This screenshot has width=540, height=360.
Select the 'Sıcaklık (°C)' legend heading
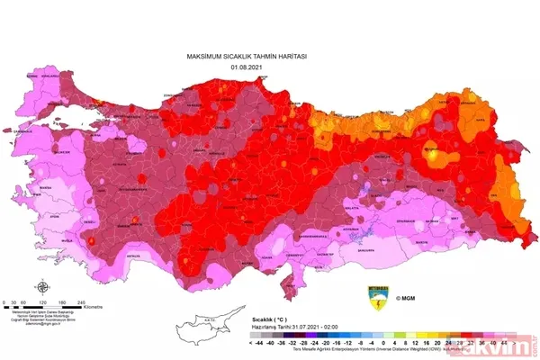pyautogui.click(x=271, y=319)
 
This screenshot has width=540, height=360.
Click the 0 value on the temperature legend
pyautogui.click(x=383, y=342)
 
